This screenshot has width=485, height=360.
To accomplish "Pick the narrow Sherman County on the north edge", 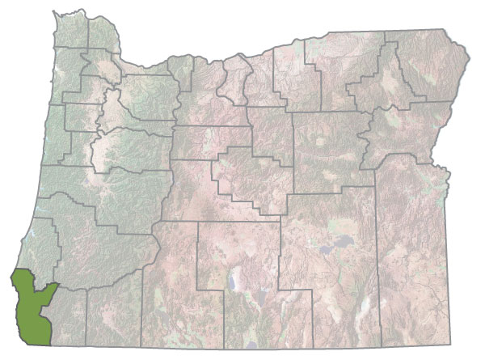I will pos(234,81).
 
